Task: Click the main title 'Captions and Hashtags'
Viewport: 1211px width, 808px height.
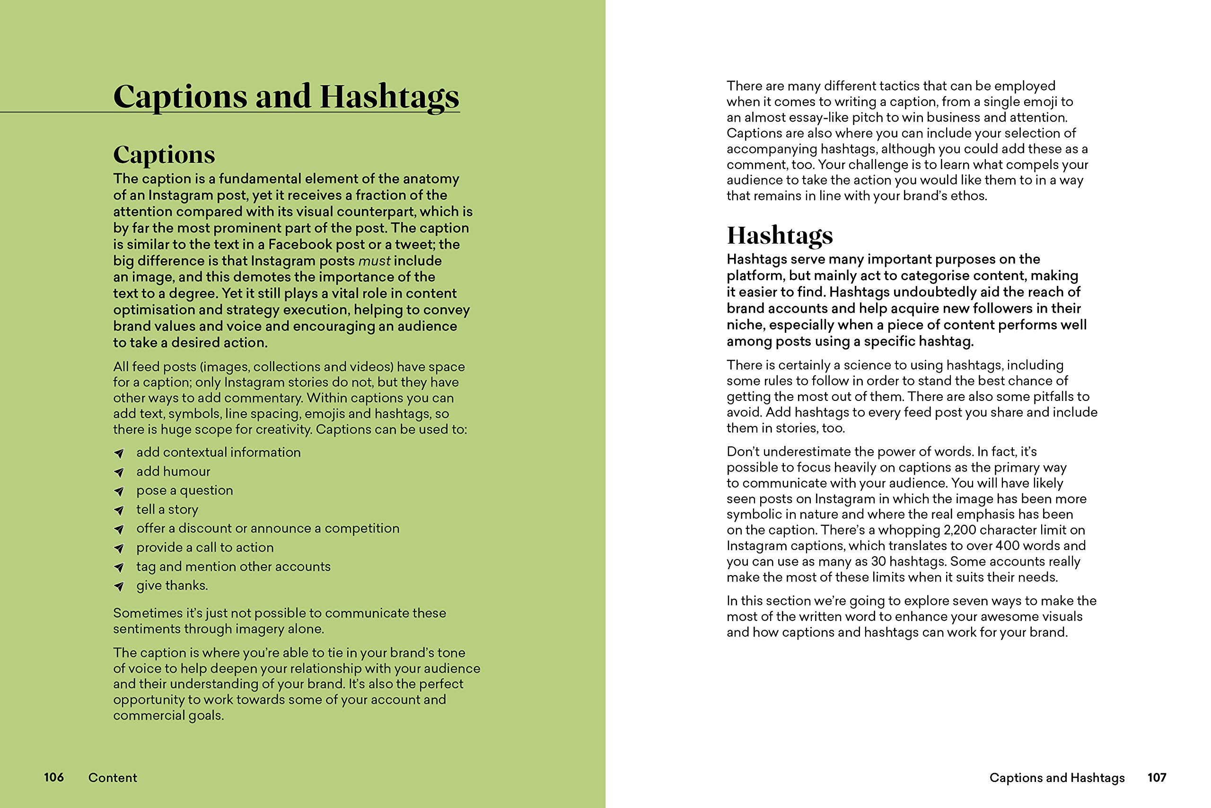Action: pos(286,97)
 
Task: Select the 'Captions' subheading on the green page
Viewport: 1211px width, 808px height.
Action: pos(164,155)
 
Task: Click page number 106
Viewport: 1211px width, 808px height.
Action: pos(53,777)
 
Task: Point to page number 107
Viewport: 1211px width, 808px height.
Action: pos(1157,777)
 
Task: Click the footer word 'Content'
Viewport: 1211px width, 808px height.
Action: pos(112,778)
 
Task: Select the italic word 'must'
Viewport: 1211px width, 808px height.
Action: pos(374,261)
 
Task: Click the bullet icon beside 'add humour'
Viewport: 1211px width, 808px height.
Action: pos(119,472)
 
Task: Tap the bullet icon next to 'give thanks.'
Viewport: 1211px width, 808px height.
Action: pos(119,586)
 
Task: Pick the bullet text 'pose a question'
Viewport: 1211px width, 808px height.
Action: pos(184,490)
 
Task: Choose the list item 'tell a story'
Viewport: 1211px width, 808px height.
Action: pos(167,509)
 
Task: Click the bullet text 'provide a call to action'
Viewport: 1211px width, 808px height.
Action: pos(204,547)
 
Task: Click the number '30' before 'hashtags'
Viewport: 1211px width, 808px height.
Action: pos(878,561)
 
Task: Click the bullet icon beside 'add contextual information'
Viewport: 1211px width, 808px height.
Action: pos(119,453)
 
